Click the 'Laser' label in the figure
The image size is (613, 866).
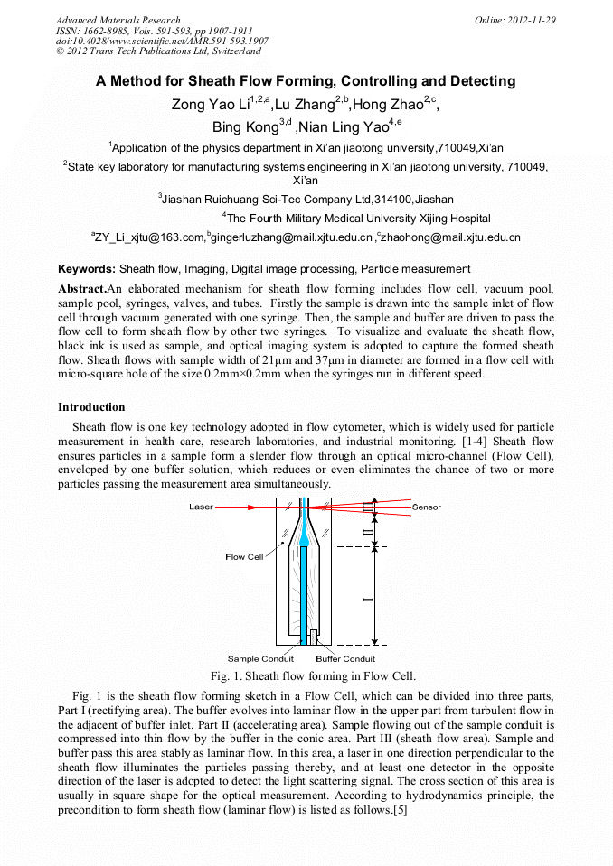[201, 507]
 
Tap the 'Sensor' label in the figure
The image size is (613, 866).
[427, 507]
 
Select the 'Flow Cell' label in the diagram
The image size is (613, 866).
[244, 556]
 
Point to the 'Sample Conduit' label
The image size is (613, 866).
[260, 658]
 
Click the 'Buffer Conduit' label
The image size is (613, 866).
[345, 658]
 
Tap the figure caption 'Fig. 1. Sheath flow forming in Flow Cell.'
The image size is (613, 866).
[313, 675]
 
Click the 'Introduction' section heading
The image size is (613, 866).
[91, 407]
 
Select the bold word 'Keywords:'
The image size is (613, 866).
[87, 269]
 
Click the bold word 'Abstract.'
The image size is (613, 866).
[82, 288]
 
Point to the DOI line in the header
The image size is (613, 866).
[162, 41]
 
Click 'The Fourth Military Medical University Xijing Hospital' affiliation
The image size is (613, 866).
[357, 219]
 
